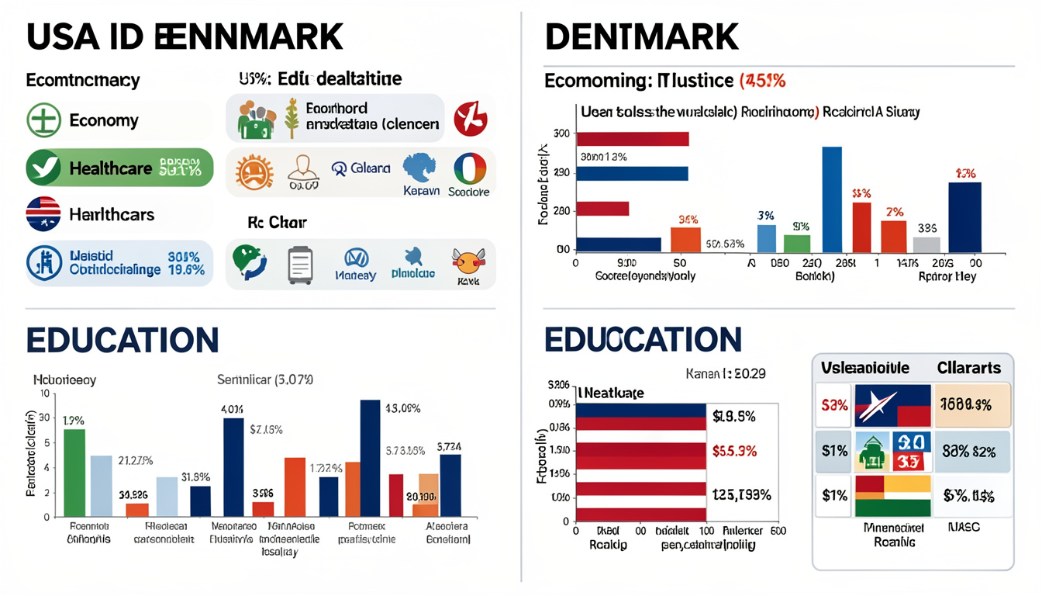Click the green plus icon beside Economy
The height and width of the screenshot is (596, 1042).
(43, 120)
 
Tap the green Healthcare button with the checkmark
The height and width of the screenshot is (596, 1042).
(119, 168)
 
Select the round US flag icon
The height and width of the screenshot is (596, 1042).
(43, 214)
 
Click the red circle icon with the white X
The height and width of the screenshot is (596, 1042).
(470, 119)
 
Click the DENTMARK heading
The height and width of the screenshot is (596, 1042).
(642, 36)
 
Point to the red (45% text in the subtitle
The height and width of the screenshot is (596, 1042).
(763, 81)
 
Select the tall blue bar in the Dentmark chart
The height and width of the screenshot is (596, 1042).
(832, 199)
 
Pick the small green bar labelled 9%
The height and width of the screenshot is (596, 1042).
(796, 244)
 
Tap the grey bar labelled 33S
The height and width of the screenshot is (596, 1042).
(926, 245)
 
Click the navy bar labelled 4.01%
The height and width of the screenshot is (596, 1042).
(233, 466)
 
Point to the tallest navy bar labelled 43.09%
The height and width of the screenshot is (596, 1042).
(371, 458)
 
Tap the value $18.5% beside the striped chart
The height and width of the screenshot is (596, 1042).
(733, 417)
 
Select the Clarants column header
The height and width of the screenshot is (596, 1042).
(969, 368)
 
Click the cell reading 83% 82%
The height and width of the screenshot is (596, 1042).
(969, 451)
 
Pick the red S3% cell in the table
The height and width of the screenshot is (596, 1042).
(833, 405)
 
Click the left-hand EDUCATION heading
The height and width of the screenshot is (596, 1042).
(122, 341)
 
